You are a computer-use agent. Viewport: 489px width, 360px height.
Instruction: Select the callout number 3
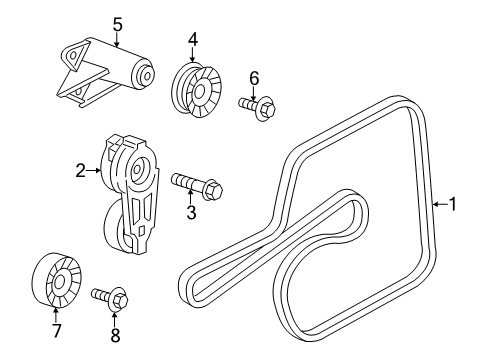point(191,213)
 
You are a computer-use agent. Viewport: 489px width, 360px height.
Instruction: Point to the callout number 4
point(192,41)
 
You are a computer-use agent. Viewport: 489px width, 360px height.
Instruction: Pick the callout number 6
point(254,76)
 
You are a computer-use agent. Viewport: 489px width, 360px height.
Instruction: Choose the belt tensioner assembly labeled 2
point(135,190)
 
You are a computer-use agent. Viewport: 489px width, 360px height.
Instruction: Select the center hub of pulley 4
point(197,90)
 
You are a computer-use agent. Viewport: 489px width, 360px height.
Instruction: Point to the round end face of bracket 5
point(147,76)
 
